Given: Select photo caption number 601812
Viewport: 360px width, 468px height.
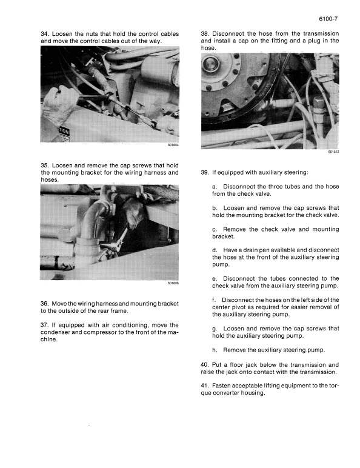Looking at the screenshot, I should point(333,152).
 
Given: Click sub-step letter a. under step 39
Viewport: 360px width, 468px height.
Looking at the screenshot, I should point(215,186).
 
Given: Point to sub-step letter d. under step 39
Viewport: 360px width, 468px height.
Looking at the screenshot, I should point(215,249).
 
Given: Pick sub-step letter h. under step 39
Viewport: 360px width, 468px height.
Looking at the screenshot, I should point(215,350).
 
